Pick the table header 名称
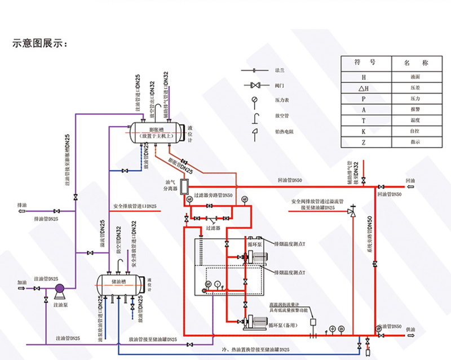tap(415, 63)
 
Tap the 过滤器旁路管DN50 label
tap(213, 195)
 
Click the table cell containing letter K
tap(364, 132)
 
